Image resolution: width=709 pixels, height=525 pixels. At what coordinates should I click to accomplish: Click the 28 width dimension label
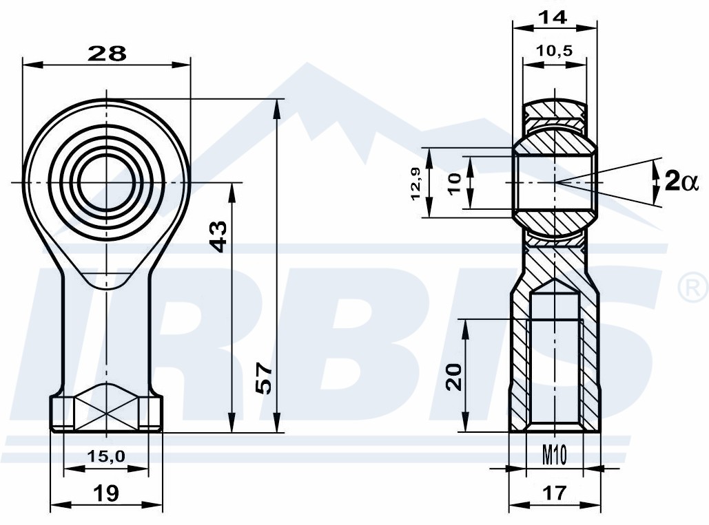(107, 54)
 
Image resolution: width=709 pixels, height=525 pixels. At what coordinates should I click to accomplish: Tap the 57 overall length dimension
(265, 378)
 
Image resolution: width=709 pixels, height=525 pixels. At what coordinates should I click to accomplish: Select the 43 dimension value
(219, 236)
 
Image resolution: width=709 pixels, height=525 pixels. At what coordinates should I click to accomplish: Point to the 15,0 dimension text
(106, 456)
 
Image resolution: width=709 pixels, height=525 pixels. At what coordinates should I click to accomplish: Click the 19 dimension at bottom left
(107, 493)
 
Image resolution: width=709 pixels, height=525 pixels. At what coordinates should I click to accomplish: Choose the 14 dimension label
(553, 17)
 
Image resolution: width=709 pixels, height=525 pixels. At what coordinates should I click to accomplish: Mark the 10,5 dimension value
(555, 50)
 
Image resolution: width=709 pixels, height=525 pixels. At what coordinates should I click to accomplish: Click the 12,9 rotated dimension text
(416, 183)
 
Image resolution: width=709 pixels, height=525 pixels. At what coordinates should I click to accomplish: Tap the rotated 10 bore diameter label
(455, 183)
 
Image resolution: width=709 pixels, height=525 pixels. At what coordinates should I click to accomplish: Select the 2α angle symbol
(681, 182)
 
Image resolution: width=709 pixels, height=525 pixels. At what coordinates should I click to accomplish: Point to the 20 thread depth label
(454, 376)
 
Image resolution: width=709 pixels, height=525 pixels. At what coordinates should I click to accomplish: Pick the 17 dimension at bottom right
(555, 493)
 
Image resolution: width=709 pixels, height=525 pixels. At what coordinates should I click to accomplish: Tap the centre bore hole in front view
(107, 182)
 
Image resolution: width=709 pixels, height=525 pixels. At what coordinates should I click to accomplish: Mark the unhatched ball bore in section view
(555, 182)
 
